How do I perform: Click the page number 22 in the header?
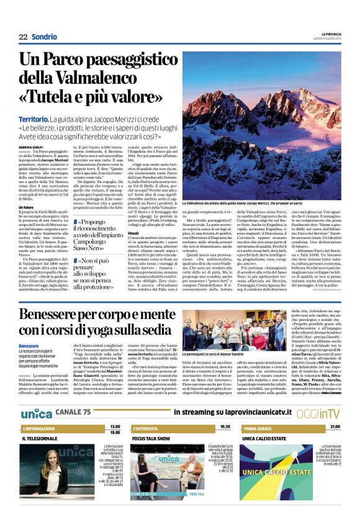(23, 37)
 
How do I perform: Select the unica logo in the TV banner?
(36, 413)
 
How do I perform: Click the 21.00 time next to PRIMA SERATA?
(335, 427)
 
